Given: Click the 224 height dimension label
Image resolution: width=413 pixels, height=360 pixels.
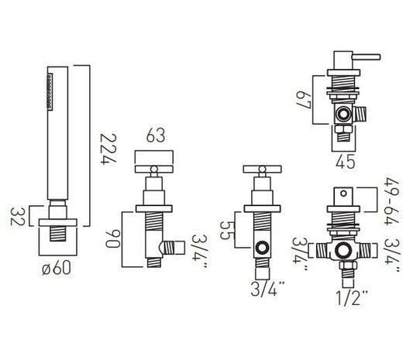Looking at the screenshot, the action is (x=108, y=149).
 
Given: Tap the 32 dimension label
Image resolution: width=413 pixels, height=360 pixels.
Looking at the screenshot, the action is (x=17, y=217).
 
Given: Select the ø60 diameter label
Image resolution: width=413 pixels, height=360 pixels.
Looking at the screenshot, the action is (x=57, y=268).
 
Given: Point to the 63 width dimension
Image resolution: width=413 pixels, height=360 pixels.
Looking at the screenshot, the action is (x=156, y=135).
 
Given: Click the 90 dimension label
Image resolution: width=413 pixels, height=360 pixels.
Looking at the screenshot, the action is (x=113, y=238).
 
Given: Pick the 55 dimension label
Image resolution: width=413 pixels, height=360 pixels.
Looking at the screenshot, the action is (x=227, y=230).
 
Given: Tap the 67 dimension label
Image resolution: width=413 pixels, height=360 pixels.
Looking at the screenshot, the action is (x=304, y=100).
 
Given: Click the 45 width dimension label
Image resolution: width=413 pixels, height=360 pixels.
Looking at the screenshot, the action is (x=346, y=161).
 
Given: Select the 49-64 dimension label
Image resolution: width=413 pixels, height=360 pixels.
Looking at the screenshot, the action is (x=391, y=201).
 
